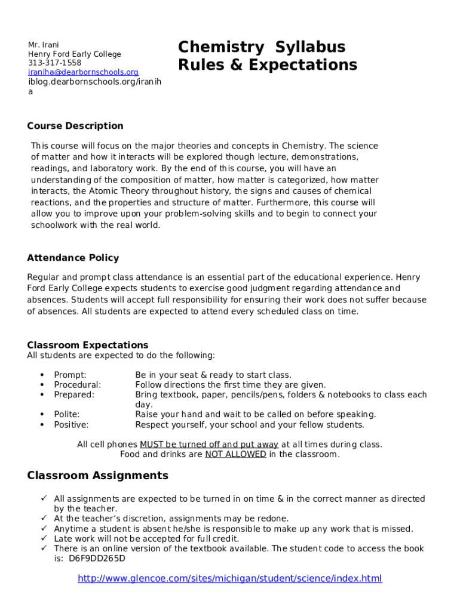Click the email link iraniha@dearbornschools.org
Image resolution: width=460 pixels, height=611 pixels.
(x=83, y=72)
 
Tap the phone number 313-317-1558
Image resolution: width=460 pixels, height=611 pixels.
(x=54, y=63)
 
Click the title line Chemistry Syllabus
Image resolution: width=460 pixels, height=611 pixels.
(x=262, y=47)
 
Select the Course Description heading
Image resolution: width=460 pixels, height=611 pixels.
(x=75, y=126)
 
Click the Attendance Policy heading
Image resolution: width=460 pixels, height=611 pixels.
(x=73, y=258)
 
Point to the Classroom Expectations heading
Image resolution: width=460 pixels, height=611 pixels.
(x=88, y=345)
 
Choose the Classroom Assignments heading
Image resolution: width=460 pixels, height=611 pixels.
(x=98, y=476)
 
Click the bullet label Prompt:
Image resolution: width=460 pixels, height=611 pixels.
(x=70, y=375)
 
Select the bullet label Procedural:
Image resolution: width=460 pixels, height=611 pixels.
(x=77, y=385)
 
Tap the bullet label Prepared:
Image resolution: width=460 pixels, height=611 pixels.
(x=74, y=394)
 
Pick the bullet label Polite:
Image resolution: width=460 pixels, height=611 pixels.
(x=67, y=414)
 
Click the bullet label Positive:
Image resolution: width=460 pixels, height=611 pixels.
(x=71, y=425)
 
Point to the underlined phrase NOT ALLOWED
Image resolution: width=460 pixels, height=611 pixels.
(x=235, y=454)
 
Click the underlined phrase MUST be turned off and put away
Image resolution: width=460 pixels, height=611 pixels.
(x=209, y=445)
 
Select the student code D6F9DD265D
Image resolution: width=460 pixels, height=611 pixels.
(x=97, y=558)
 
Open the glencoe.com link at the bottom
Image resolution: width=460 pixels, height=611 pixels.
(x=230, y=578)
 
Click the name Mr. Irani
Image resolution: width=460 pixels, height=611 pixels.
(x=42, y=45)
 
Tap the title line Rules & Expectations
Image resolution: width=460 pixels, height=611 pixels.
(x=267, y=65)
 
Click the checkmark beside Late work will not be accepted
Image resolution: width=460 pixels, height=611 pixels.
(x=44, y=539)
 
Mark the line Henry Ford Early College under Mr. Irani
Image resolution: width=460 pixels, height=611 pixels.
(x=74, y=54)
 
